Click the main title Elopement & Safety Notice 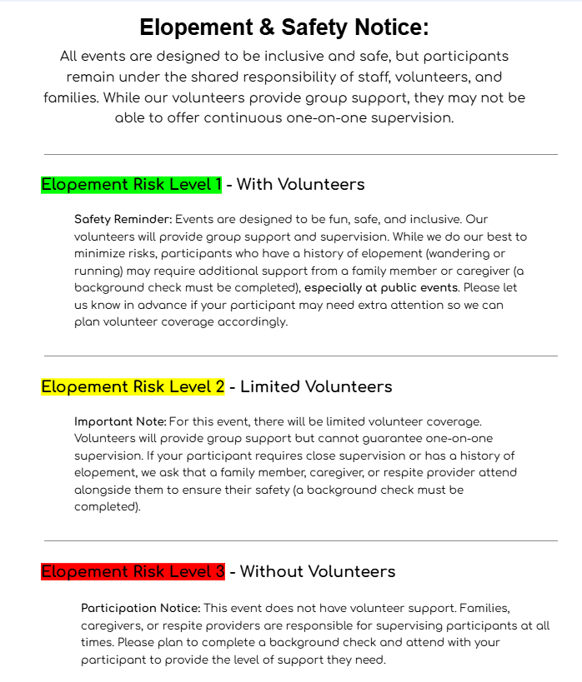pos(284,27)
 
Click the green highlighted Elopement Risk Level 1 pos(132,184)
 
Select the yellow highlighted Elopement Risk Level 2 pos(133,386)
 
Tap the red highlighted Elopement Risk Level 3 pos(133,571)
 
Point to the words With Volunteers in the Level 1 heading pos(300,184)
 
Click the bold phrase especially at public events pos(381,288)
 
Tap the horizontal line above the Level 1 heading pos(300,154)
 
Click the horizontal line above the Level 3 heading pos(300,541)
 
